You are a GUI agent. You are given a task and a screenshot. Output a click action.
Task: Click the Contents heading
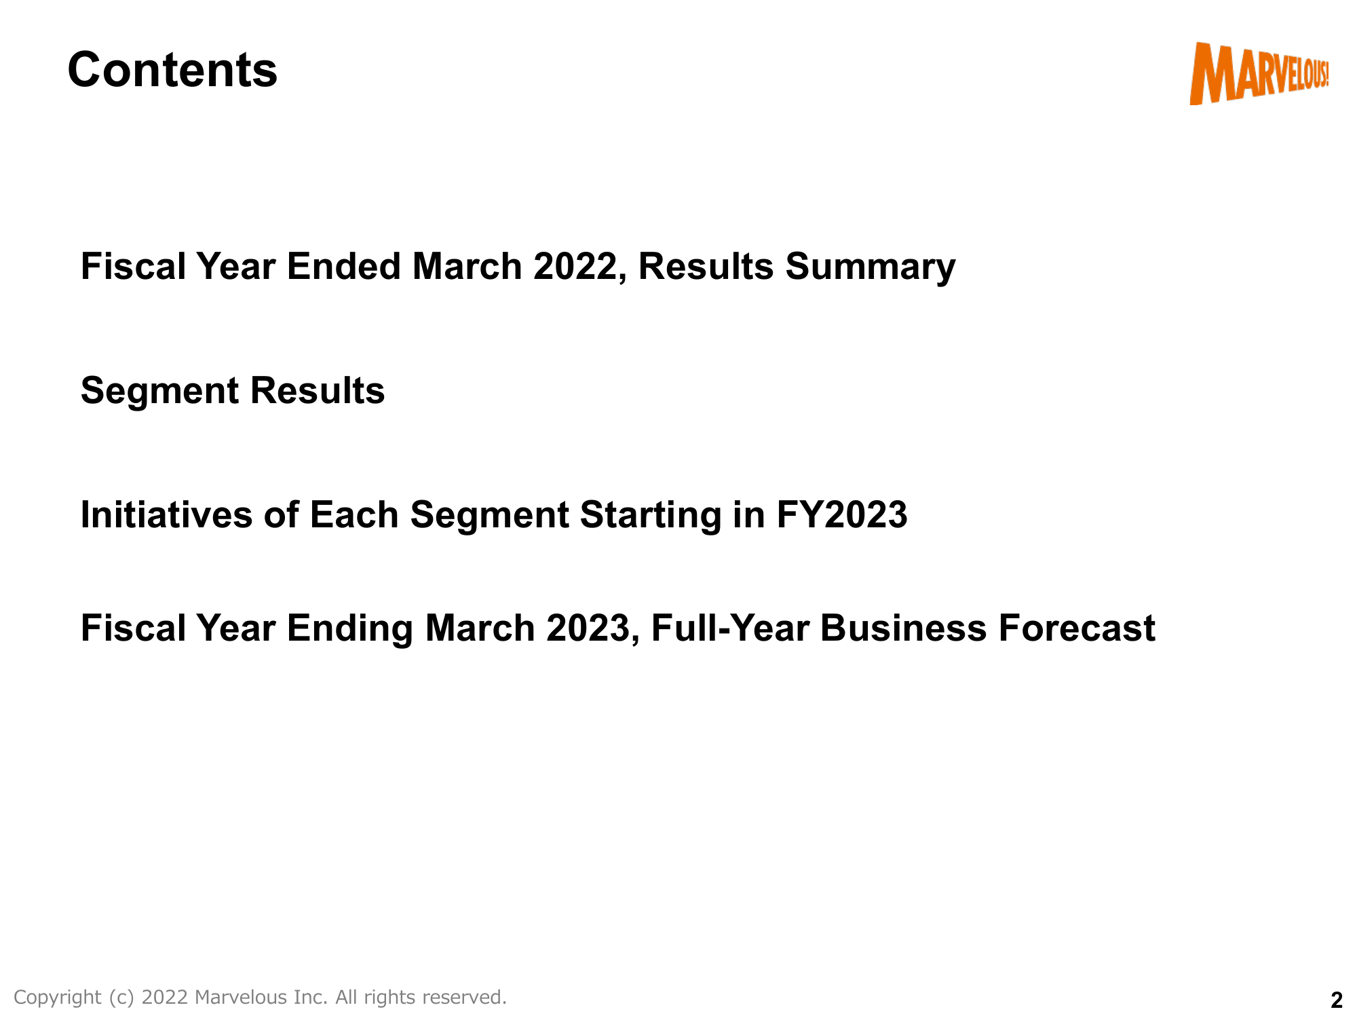click(x=172, y=70)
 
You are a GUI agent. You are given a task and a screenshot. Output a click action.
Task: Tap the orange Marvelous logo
click(x=1259, y=73)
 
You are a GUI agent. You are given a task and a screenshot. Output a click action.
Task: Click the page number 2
click(x=1336, y=1000)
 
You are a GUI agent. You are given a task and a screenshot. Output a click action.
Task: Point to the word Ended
click(x=344, y=266)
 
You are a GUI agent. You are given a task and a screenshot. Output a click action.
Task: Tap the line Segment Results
click(x=233, y=392)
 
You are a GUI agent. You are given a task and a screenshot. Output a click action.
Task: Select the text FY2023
click(x=841, y=514)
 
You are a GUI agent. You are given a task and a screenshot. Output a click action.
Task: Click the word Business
click(x=904, y=628)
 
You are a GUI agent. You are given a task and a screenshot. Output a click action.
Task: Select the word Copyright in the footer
click(x=57, y=998)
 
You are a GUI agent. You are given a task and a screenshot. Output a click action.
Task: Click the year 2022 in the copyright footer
click(x=165, y=997)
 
